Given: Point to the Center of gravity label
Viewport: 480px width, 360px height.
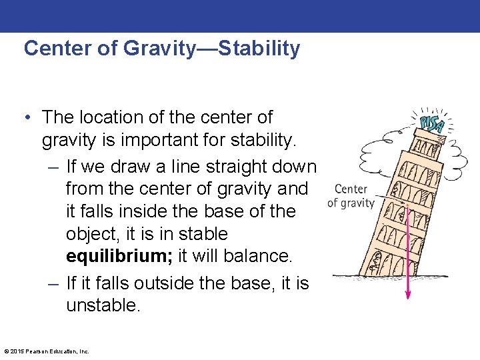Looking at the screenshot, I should tap(351, 196).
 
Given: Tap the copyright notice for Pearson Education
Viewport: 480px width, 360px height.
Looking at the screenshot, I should tap(47, 351).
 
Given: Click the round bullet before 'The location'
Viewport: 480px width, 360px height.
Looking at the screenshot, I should tap(29, 117).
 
